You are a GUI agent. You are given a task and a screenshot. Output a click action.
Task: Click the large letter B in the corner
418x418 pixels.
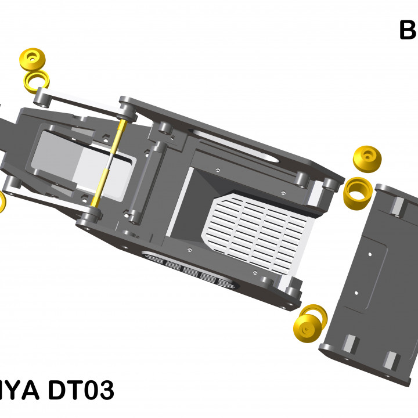(x=408, y=30)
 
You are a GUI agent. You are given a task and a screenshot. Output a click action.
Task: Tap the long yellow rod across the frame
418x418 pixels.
(x=108, y=163)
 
